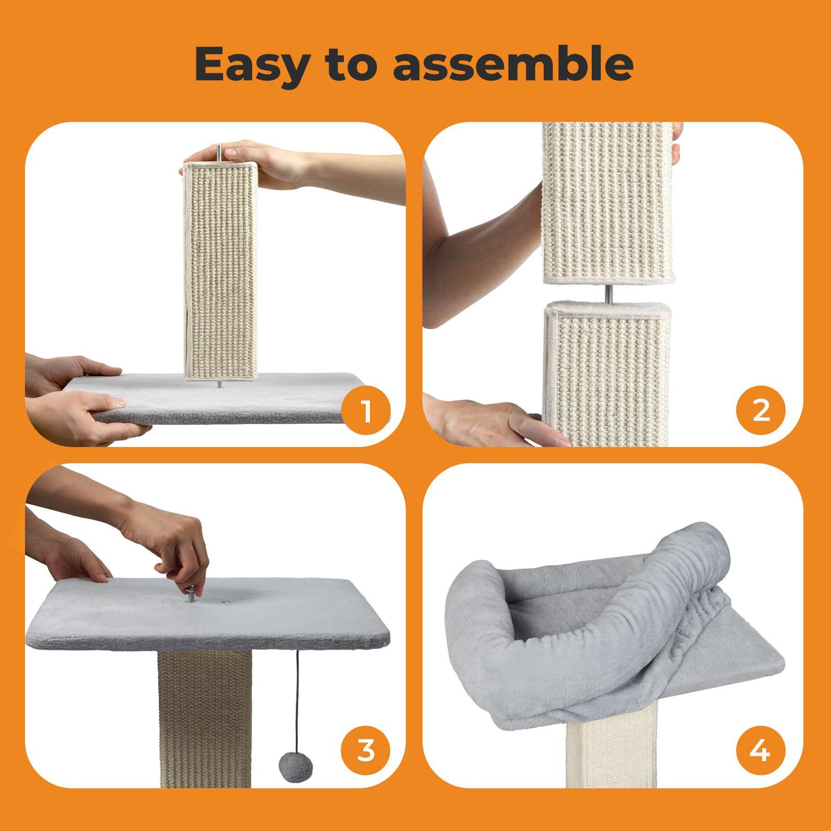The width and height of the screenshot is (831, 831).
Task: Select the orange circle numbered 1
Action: [367, 411]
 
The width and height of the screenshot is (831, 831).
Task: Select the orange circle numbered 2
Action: [761, 411]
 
